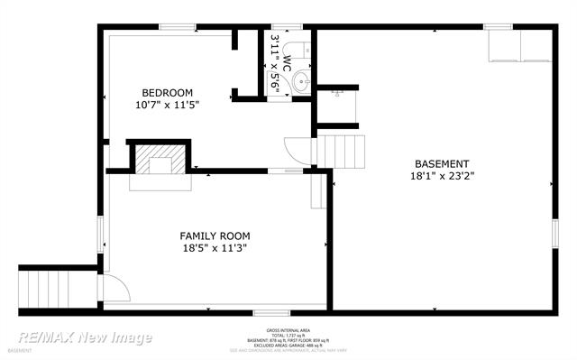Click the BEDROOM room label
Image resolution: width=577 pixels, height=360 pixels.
(x=167, y=93)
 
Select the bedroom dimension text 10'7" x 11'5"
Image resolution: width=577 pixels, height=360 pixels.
(x=167, y=106)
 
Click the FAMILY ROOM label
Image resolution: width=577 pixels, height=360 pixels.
(x=214, y=236)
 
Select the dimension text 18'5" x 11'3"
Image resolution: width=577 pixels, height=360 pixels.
(x=214, y=248)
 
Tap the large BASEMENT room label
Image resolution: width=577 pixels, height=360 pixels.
(x=442, y=164)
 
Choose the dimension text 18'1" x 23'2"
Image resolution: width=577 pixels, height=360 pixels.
(x=442, y=177)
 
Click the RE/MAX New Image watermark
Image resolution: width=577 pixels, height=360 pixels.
(x=86, y=337)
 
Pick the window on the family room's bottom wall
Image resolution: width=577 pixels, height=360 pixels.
(x=265, y=312)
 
